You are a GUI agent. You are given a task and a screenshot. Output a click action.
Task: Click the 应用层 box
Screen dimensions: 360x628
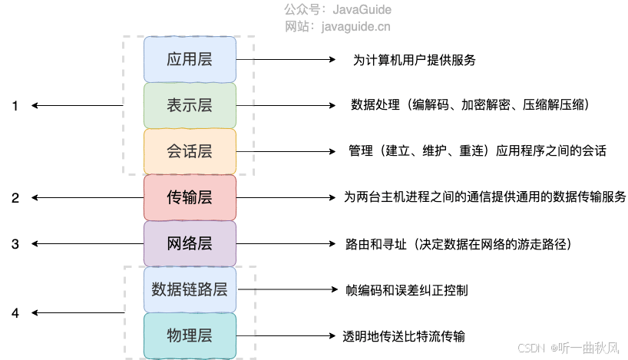click(190, 59)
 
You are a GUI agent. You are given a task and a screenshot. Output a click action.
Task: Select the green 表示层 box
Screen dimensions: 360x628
click(190, 105)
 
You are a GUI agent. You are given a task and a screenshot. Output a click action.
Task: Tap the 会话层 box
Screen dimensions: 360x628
click(190, 151)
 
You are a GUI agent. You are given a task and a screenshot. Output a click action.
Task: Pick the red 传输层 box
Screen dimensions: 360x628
click(190, 197)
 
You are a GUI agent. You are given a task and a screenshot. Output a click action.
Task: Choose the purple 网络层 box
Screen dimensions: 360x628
click(190, 244)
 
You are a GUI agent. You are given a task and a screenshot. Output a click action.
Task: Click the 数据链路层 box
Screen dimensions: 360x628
click(190, 289)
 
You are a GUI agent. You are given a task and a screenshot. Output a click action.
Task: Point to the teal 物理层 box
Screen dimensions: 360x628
click(190, 335)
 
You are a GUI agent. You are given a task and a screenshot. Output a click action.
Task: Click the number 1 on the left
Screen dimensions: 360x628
click(15, 106)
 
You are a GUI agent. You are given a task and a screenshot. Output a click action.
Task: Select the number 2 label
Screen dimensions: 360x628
click(15, 198)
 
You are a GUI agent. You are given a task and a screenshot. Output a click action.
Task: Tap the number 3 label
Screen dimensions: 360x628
click(15, 244)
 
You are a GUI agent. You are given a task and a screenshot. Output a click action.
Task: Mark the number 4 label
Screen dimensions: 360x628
click(15, 313)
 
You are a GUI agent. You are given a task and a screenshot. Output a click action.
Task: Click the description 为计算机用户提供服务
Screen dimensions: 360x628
click(419, 60)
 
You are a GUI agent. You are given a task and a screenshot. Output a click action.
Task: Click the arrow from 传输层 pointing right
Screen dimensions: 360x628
click(284, 197)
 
